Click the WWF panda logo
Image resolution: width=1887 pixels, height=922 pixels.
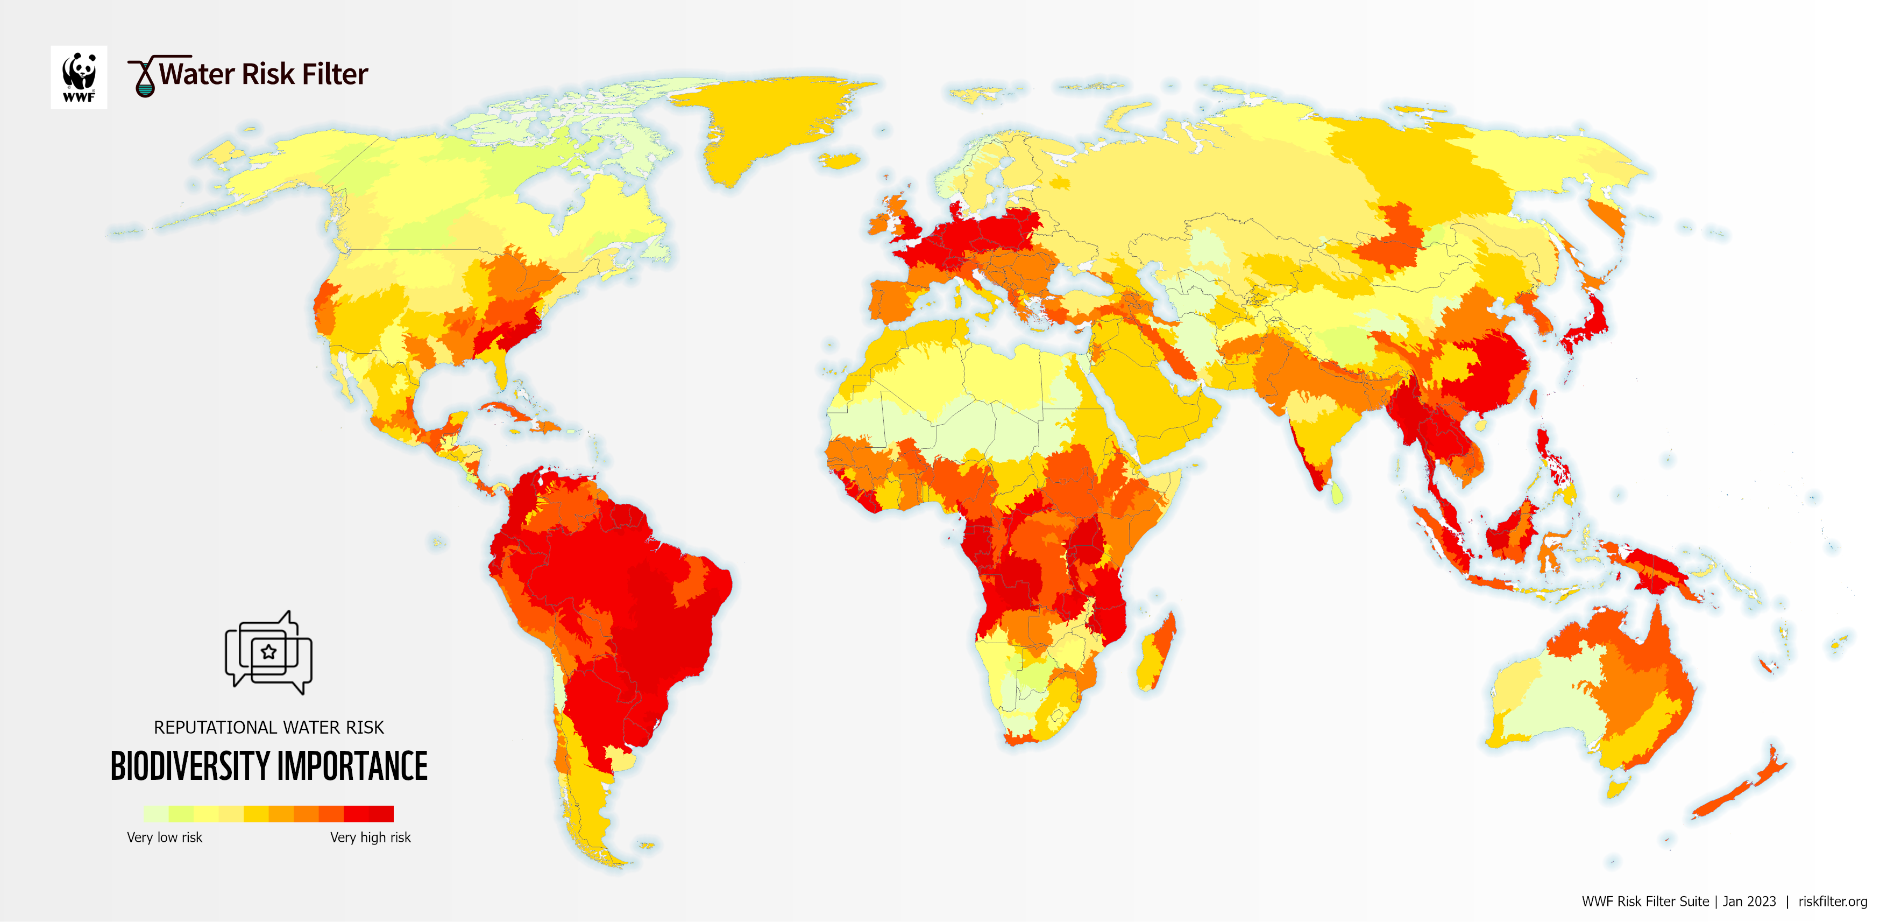coord(79,77)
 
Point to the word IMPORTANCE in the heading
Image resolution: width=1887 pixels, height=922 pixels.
coord(352,766)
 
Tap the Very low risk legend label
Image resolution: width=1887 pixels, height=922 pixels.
coord(164,837)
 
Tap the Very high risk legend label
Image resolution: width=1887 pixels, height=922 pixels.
coord(370,837)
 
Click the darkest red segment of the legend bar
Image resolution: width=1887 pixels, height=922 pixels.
coord(381,813)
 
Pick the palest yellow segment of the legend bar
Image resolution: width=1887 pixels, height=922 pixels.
coord(155,813)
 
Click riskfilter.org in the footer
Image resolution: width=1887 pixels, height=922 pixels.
coord(1832,901)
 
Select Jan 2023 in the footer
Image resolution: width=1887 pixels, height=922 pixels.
coord(1749,901)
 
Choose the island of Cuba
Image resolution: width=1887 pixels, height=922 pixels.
coord(506,411)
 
